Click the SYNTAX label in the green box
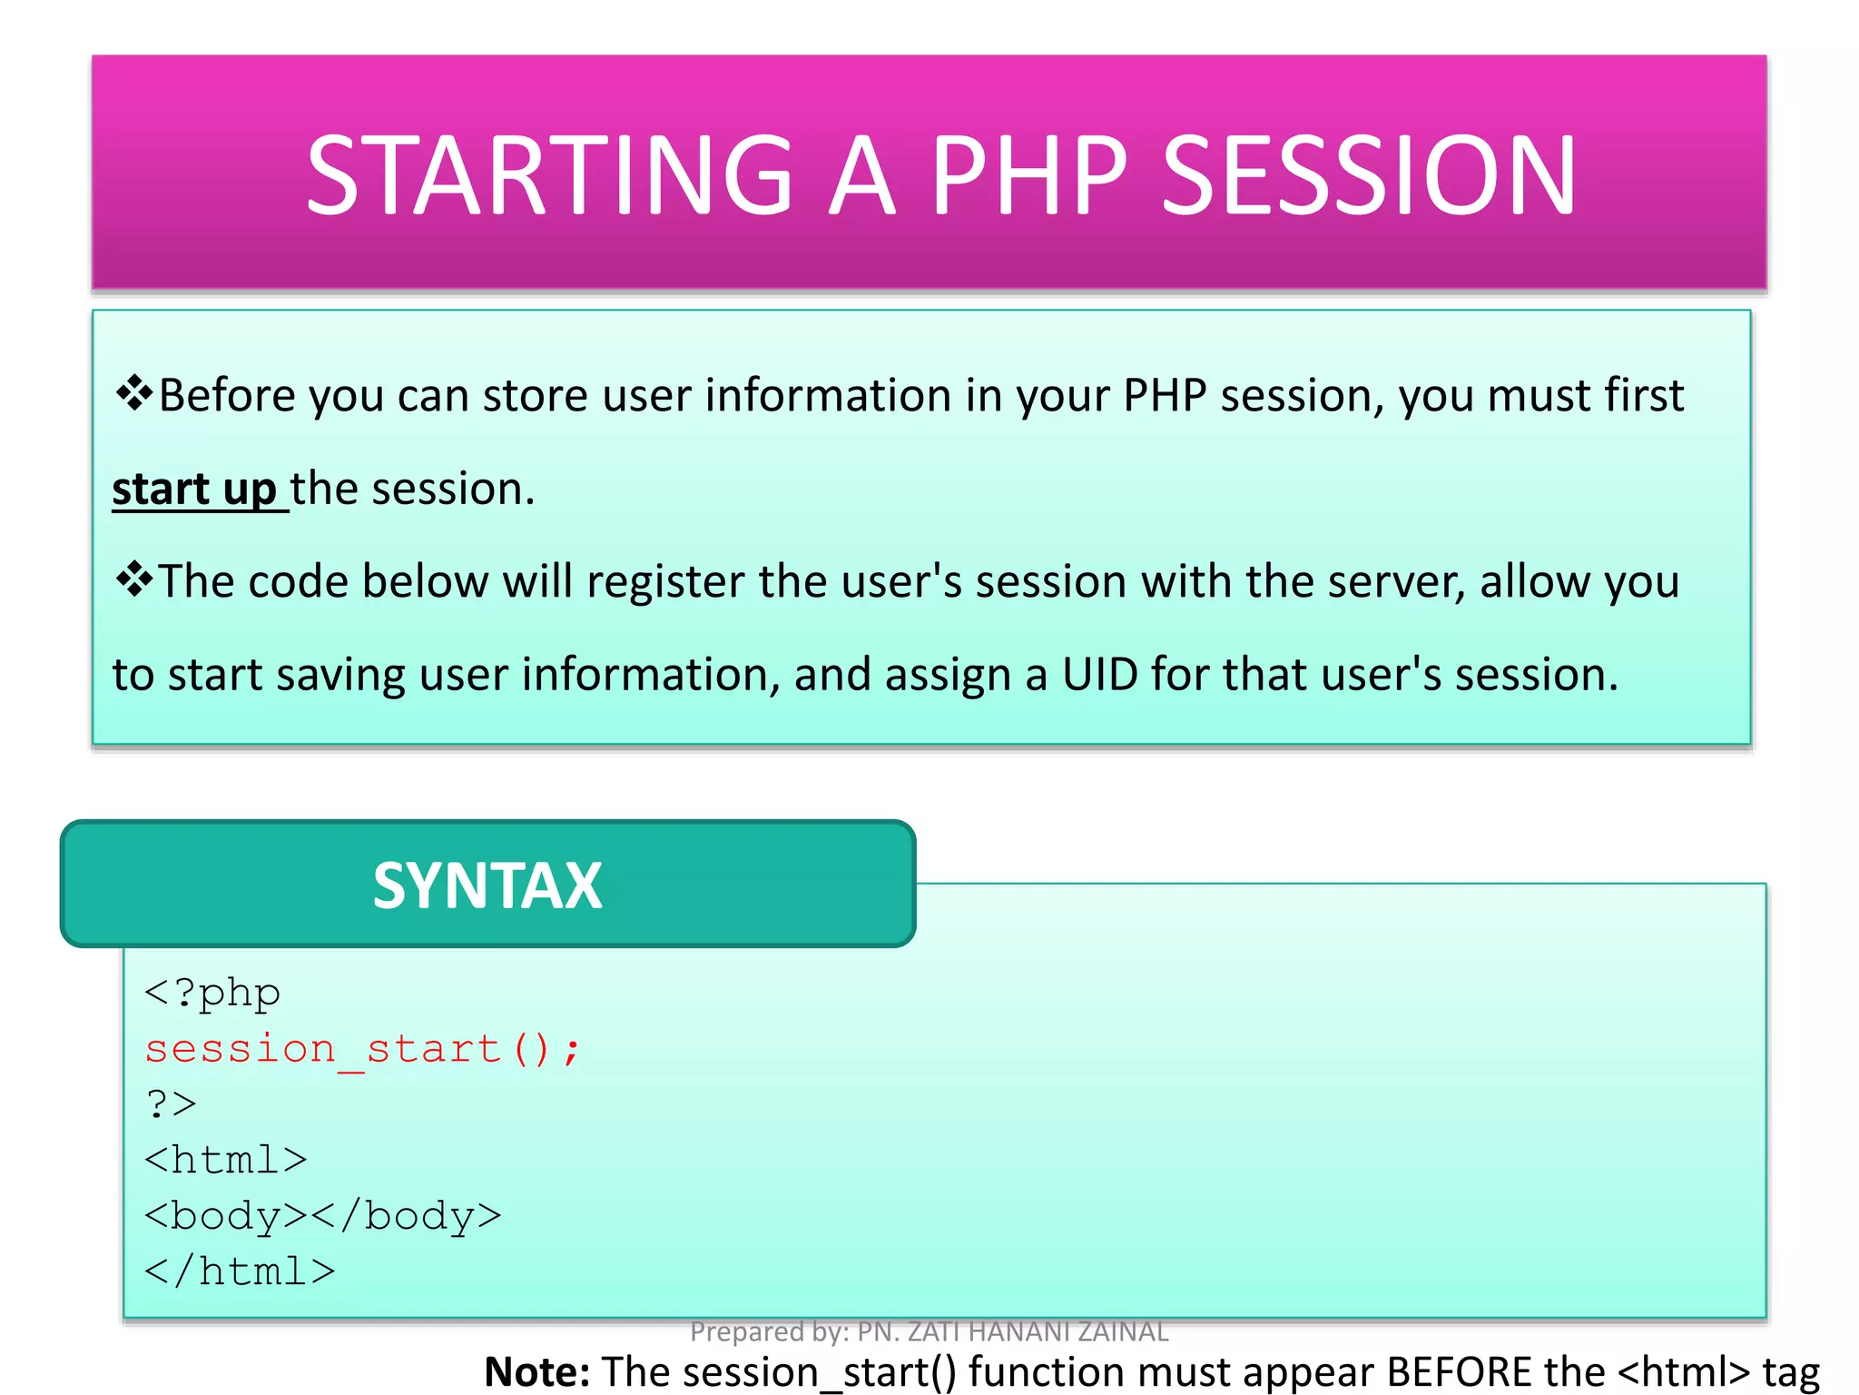pos(487,885)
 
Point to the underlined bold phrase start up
pos(194,490)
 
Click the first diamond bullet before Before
pos(134,394)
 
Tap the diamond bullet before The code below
pos(134,580)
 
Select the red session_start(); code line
pos(361,1049)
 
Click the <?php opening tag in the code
pos(212,993)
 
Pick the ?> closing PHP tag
pos(171,1104)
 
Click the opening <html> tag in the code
pos(225,1161)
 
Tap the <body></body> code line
pos(322,1216)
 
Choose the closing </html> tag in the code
pos(240,1271)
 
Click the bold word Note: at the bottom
pos(537,1371)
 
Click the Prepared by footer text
pos(929,1331)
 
